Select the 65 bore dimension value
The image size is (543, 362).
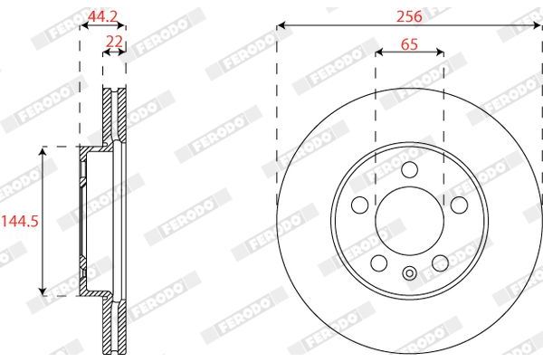pyautogui.click(x=408, y=42)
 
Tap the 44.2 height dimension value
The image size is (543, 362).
pyautogui.click(x=102, y=14)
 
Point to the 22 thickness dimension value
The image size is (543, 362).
pyautogui.click(x=113, y=42)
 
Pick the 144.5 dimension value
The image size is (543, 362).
pyautogui.click(x=17, y=220)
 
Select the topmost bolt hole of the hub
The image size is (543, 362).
pyautogui.click(x=408, y=169)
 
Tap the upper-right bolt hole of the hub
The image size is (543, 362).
pyautogui.click(x=458, y=204)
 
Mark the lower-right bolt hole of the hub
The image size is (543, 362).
pyautogui.click(x=440, y=262)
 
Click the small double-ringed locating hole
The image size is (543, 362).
pyautogui.click(x=408, y=274)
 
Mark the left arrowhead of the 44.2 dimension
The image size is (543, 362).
pyautogui.click(x=85, y=25)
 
